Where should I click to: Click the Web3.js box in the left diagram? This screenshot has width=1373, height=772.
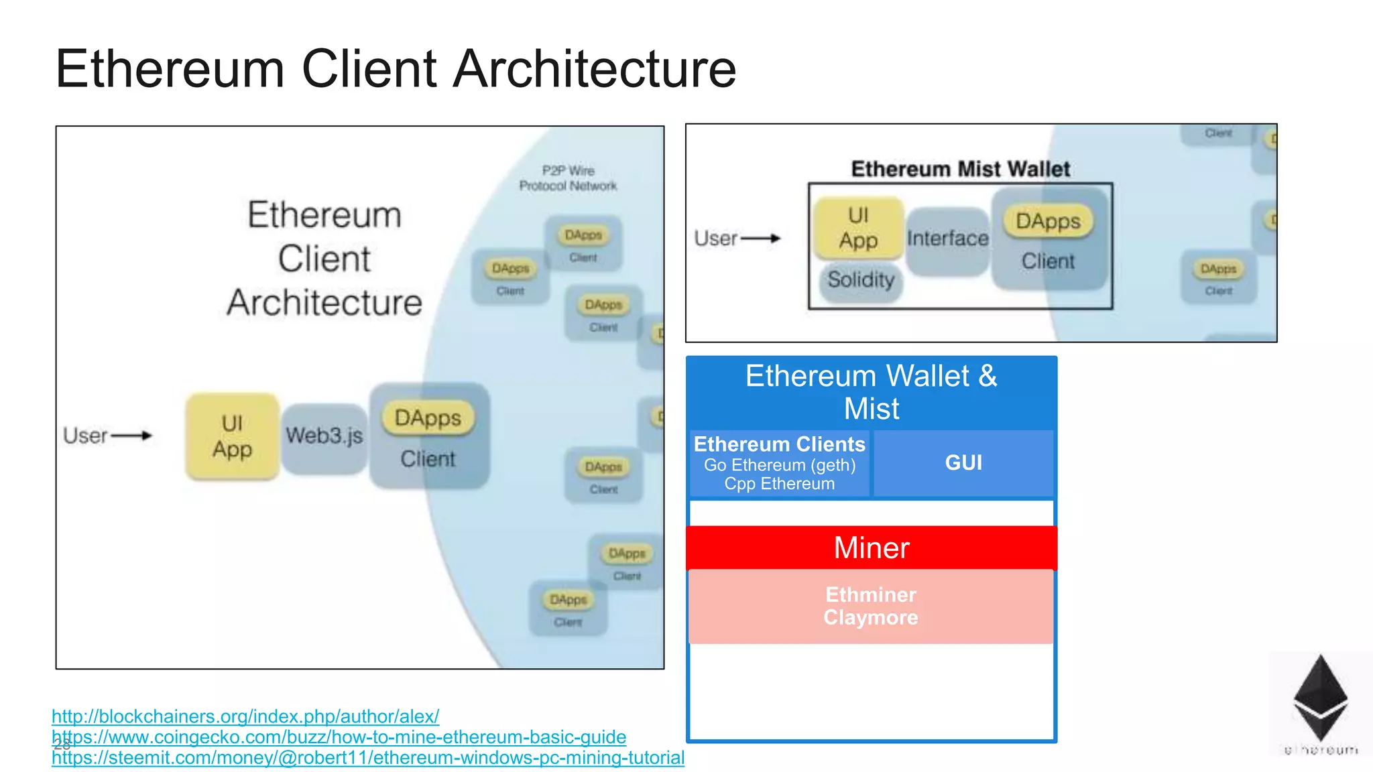point(324,436)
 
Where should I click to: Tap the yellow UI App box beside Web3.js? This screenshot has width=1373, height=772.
point(232,436)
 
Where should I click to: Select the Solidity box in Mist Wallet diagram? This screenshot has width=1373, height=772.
point(861,279)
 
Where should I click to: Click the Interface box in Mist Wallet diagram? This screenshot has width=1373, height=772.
point(947,239)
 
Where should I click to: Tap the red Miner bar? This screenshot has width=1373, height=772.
point(871,548)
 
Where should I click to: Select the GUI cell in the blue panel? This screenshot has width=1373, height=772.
point(963,462)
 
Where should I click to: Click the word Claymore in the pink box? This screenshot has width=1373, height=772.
point(871,617)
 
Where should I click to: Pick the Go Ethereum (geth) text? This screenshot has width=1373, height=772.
point(779,465)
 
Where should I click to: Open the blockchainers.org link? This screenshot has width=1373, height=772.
point(245,716)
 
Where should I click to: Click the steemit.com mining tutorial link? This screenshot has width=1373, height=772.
point(369,758)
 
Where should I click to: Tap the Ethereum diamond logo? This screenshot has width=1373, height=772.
point(1320,697)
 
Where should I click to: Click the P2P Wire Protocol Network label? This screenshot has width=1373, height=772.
point(568,178)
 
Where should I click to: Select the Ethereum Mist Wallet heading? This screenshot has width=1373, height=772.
point(960,169)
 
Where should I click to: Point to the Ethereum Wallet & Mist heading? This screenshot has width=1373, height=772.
point(871,392)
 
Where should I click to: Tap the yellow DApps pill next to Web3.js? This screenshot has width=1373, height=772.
point(428,418)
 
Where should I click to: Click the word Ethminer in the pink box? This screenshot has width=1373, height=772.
point(871,594)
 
